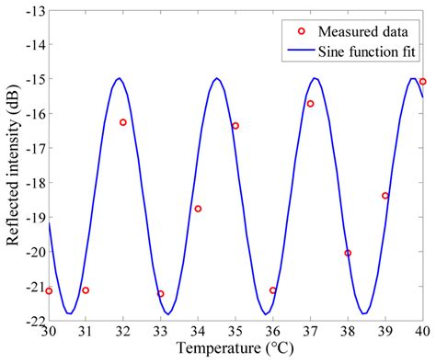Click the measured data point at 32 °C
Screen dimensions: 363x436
[123, 122]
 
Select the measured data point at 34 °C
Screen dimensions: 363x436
[198, 209]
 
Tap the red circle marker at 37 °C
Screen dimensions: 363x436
[310, 104]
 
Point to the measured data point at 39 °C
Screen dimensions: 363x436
[385, 196]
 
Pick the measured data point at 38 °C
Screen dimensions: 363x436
[348, 253]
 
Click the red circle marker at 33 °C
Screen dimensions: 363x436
[161, 294]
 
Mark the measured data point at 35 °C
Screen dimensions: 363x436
[235, 126]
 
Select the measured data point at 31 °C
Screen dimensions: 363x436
[86, 290]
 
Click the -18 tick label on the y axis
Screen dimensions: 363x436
[30, 183]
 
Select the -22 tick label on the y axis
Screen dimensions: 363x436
[30, 321]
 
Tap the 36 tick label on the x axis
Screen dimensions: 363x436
[272, 332]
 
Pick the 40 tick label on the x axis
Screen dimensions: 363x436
[421, 332]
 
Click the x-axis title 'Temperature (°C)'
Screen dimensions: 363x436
[235, 350]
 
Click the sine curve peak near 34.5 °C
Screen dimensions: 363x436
[216, 78]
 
